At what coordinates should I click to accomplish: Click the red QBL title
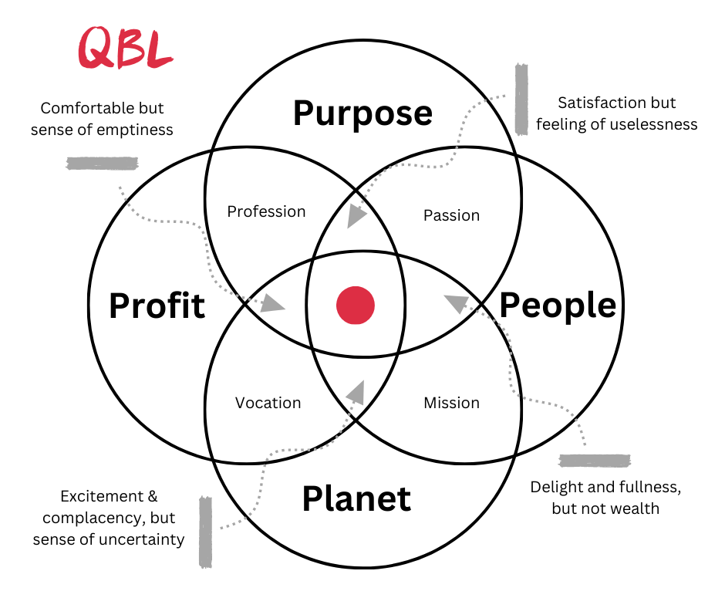point(126,49)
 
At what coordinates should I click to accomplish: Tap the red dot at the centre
point(356,305)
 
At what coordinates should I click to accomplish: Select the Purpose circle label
point(362,113)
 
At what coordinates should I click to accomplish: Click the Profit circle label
point(157,306)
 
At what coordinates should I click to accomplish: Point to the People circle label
point(558,306)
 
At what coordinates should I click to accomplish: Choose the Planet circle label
point(356,498)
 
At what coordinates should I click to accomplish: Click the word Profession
point(266,211)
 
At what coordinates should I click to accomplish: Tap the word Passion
point(451,215)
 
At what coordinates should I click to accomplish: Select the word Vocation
point(268,403)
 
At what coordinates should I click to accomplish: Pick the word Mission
point(451,403)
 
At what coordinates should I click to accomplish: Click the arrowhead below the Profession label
point(271,302)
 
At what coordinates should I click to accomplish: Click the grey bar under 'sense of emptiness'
point(103,163)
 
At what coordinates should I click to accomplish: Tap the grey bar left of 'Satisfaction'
point(521,100)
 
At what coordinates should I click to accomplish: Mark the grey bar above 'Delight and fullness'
point(595,461)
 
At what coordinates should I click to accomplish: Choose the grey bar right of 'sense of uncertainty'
point(205,532)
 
